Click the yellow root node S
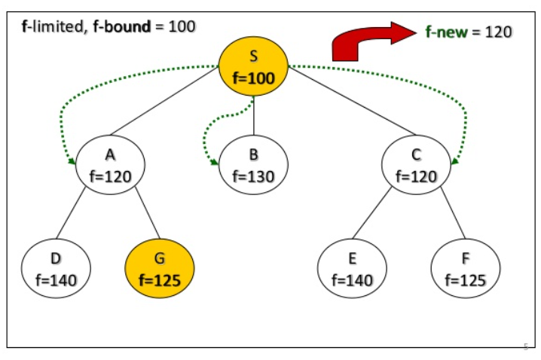pyautogui.click(x=254, y=66)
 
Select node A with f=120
pyautogui.click(x=111, y=165)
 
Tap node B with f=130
pyautogui.click(x=254, y=165)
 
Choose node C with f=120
pyautogui.click(x=417, y=165)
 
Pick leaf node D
pyautogui.click(x=56, y=268)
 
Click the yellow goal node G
pyautogui.click(x=160, y=268)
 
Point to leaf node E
pyautogui.click(x=353, y=268)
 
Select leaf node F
pyautogui.click(x=466, y=268)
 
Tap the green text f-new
pyautogui.click(x=447, y=32)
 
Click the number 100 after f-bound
pyautogui.click(x=182, y=26)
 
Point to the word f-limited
pyautogui.click(x=53, y=27)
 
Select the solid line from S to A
pyautogui.click(x=164, y=100)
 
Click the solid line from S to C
pyautogui.click(x=352, y=101)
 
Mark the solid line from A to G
pyautogui.click(x=148, y=212)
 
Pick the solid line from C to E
pyautogui.click(x=372, y=212)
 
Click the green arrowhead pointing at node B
pyautogui.click(x=214, y=162)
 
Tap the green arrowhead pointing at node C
pyautogui.click(x=455, y=160)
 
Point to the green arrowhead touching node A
pyautogui.click(x=72, y=161)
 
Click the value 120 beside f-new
pyautogui.click(x=499, y=32)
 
